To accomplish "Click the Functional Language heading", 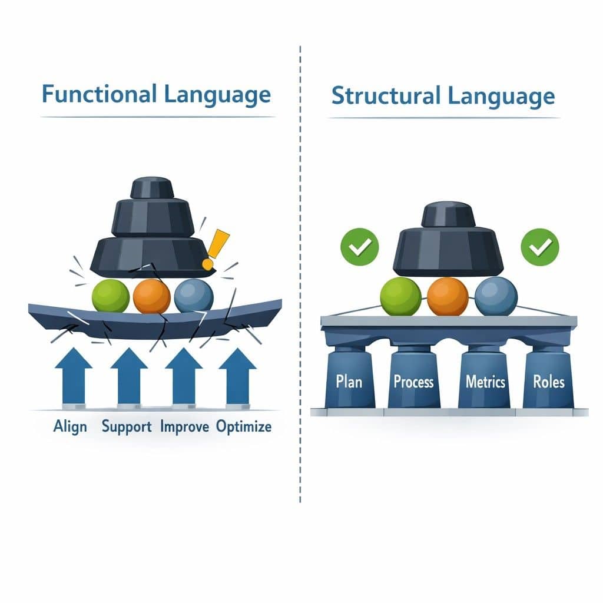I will (x=156, y=95).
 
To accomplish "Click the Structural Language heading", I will (x=443, y=95).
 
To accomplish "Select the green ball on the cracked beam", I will (x=111, y=296).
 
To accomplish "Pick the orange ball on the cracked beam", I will (x=151, y=296).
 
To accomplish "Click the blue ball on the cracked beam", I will (x=194, y=295).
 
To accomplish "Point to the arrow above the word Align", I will (x=73, y=376).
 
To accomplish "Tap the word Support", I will (x=127, y=426).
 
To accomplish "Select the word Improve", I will (x=184, y=426).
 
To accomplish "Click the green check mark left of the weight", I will (x=359, y=247).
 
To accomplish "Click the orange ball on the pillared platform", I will (x=448, y=296).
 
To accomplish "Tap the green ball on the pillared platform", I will (x=400, y=296).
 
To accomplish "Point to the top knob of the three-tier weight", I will (x=152, y=187).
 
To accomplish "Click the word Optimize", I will (x=244, y=426).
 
